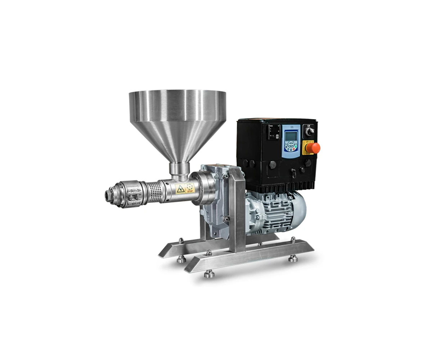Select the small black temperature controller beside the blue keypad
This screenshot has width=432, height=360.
(273, 132)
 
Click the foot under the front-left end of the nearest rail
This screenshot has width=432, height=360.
(208, 274)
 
